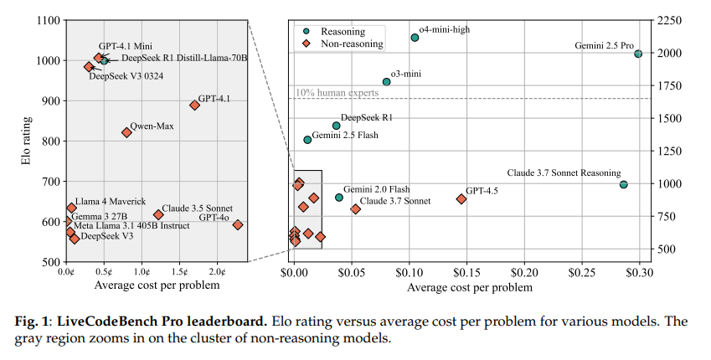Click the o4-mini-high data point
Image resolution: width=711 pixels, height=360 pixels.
pyautogui.click(x=415, y=38)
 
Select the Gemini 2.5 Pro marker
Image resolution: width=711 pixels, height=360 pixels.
pyautogui.click(x=638, y=54)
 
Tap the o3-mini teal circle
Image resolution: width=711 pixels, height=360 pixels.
pyautogui.click(x=387, y=82)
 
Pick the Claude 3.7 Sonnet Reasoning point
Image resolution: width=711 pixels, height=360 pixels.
pyautogui.click(x=624, y=184)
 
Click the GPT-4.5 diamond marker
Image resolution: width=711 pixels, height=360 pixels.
pyautogui.click(x=461, y=198)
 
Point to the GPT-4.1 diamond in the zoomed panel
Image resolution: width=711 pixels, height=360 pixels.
pyautogui.click(x=194, y=105)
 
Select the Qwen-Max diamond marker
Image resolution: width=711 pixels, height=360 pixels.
pyautogui.click(x=126, y=132)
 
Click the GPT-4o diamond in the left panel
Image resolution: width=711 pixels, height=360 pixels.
pyautogui.click(x=238, y=225)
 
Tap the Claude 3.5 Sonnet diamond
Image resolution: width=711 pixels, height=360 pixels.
pyautogui.click(x=158, y=215)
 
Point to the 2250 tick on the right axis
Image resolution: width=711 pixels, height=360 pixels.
pyautogui.click(x=672, y=21)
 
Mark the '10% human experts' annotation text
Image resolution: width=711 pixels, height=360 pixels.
pyautogui.click(x=337, y=93)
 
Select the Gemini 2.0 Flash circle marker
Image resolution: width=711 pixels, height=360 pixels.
pyautogui.click(x=339, y=198)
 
